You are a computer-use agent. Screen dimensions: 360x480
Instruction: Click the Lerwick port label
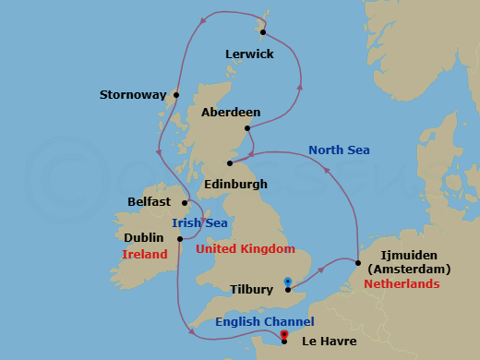(x=249, y=54)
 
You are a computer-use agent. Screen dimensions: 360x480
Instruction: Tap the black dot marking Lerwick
(x=263, y=32)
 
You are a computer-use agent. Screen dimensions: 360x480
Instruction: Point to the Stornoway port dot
(x=175, y=94)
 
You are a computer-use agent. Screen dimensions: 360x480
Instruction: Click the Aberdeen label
(x=230, y=113)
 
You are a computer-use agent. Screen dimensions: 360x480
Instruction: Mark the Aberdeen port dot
(x=247, y=128)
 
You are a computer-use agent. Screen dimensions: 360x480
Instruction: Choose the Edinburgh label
(x=235, y=184)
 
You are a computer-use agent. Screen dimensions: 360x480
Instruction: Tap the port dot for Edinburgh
(x=230, y=163)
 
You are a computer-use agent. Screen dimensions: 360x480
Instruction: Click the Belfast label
(x=150, y=201)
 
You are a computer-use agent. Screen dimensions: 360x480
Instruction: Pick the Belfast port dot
(x=185, y=203)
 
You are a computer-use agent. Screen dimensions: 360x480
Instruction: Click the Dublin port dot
(x=180, y=238)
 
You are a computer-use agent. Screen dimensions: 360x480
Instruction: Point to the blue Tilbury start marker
(x=287, y=281)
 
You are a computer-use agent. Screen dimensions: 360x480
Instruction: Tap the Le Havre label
(x=327, y=342)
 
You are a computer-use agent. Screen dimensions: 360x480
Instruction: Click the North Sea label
(x=339, y=150)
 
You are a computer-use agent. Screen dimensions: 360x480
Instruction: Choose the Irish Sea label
(x=198, y=222)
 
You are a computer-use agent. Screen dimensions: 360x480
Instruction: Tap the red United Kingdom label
(x=245, y=249)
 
